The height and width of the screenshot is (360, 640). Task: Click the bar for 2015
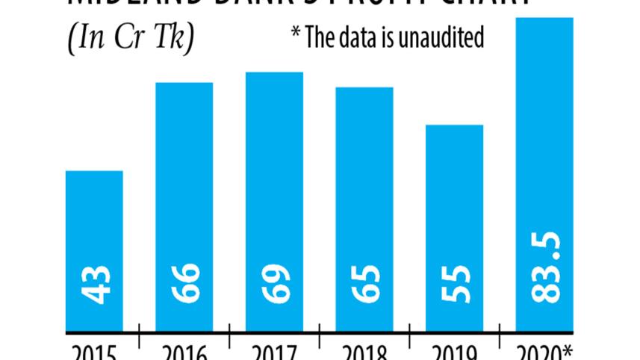(94, 251)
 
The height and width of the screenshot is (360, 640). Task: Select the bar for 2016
(184, 207)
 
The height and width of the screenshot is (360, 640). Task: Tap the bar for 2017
(274, 202)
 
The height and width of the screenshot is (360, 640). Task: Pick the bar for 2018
(364, 209)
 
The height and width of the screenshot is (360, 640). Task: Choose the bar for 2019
(454, 228)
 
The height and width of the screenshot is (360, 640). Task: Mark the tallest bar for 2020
(544, 174)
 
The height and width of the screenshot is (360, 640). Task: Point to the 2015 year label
(94, 352)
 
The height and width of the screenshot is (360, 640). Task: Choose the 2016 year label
(184, 352)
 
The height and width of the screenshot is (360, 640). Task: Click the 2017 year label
(274, 352)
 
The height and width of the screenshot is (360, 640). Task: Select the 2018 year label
(364, 352)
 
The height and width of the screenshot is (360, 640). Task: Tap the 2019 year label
(454, 352)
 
